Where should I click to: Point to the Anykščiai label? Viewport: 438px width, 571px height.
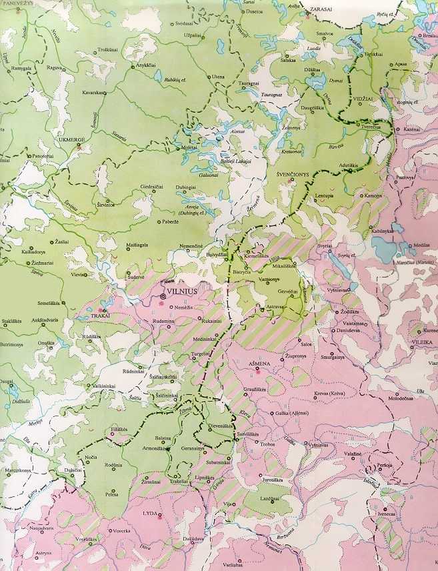click(147, 65)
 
